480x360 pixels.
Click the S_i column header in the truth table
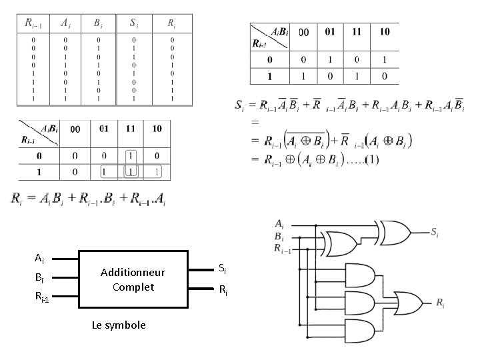pyautogui.click(x=134, y=23)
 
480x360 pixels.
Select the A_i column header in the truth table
pyautogui.click(x=65, y=23)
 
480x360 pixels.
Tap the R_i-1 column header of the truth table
pyautogui.click(x=33, y=23)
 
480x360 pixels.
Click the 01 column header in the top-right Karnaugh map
pyautogui.click(x=330, y=32)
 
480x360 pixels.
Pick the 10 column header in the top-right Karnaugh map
pyautogui.click(x=385, y=32)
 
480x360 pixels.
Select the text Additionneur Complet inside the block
pyautogui.click(x=133, y=279)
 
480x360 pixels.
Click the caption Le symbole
pyautogui.click(x=118, y=325)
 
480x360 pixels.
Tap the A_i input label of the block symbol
pyautogui.click(x=39, y=258)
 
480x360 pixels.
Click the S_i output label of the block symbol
pyautogui.click(x=223, y=269)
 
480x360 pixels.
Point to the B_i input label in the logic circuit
pyautogui.click(x=279, y=235)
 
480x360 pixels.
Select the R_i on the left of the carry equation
pyautogui.click(x=17, y=198)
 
